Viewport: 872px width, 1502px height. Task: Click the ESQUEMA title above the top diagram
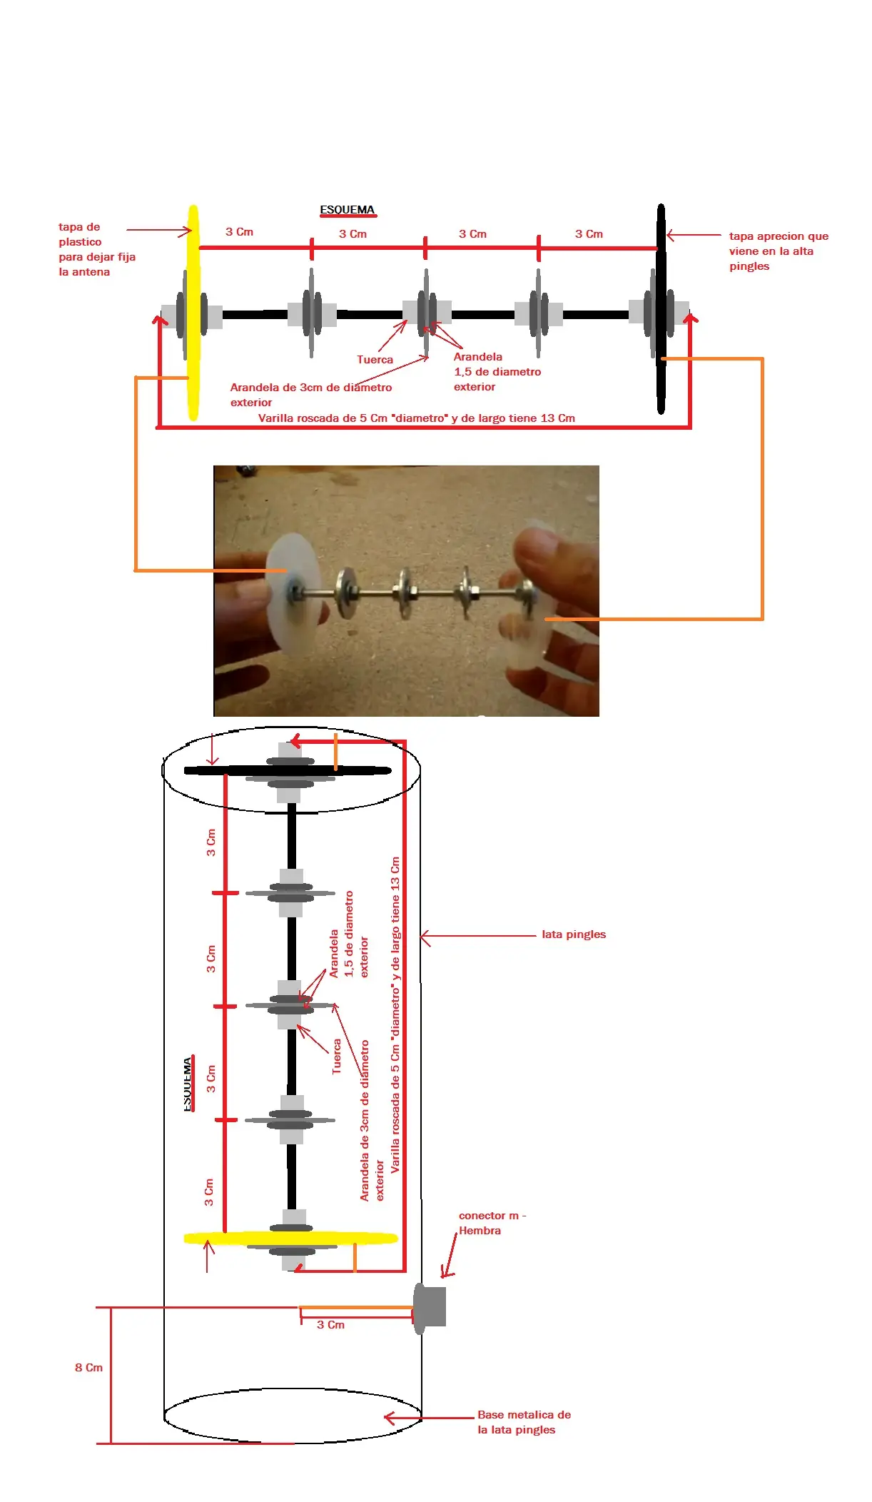[x=347, y=210]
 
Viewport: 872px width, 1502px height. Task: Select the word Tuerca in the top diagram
[x=375, y=360]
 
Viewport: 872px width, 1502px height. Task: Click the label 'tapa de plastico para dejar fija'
[x=96, y=249]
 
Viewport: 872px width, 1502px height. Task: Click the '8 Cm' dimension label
[x=88, y=1367]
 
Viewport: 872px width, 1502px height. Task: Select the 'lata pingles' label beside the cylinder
[x=573, y=934]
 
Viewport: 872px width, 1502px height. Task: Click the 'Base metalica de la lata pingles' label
[x=523, y=1421]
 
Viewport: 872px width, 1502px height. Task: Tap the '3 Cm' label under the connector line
[x=330, y=1324]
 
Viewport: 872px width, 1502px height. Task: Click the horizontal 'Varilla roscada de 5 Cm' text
[x=416, y=418]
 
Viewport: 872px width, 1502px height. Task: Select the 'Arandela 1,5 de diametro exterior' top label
[x=497, y=371]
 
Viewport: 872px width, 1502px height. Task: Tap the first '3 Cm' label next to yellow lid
[x=239, y=232]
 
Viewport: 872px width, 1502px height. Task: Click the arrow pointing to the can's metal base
[x=428, y=1418]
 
